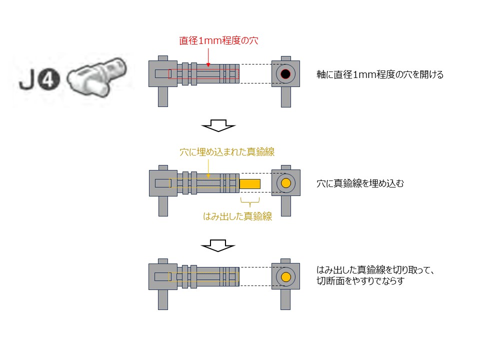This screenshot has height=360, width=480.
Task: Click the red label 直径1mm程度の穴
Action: (218, 41)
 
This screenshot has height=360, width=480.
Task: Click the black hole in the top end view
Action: (285, 74)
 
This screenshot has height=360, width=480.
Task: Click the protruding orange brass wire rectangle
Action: (250, 183)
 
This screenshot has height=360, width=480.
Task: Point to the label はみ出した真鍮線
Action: (237, 216)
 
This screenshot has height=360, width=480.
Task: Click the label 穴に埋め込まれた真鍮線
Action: (227, 152)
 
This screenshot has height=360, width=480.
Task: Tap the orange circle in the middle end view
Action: (286, 183)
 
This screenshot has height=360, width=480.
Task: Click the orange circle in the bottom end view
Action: (286, 277)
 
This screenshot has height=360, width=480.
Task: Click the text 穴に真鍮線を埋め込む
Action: (360, 183)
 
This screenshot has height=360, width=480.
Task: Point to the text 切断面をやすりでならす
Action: (359, 281)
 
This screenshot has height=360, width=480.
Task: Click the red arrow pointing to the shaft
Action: (208, 56)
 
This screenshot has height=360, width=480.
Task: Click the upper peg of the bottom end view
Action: (285, 260)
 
